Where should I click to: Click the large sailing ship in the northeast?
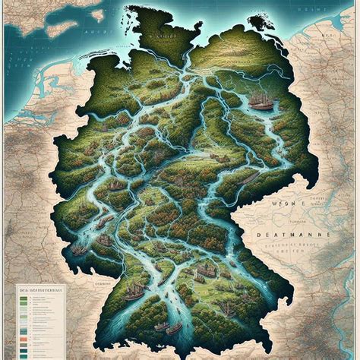(x=262, y=102)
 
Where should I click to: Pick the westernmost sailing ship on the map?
(x=77, y=248)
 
